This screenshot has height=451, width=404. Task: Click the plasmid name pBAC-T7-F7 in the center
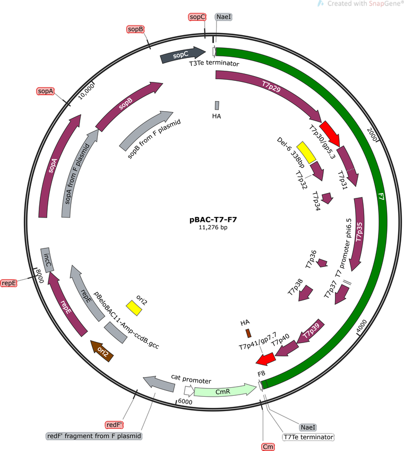click(213, 220)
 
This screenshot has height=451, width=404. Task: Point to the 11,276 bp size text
click(213, 227)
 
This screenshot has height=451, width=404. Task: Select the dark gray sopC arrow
click(183, 54)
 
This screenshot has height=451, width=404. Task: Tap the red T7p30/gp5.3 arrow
click(330, 133)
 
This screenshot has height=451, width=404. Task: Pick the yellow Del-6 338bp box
click(306, 153)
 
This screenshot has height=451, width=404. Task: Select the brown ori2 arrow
click(102, 350)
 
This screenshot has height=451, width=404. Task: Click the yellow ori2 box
click(134, 308)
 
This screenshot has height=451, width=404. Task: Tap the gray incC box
click(47, 260)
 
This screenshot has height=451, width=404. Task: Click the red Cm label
click(268, 447)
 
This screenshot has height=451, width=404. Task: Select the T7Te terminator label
click(308, 437)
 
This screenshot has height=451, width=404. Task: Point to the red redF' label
click(115, 425)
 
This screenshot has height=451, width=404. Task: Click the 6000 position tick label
click(185, 402)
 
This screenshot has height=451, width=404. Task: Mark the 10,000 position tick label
click(86, 91)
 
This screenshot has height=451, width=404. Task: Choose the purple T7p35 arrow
click(357, 233)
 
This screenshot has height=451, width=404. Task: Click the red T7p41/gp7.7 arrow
click(265, 359)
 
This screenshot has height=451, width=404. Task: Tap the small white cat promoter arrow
click(189, 390)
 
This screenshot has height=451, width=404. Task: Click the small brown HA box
click(248, 333)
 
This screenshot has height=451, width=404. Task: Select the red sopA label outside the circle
click(45, 91)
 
